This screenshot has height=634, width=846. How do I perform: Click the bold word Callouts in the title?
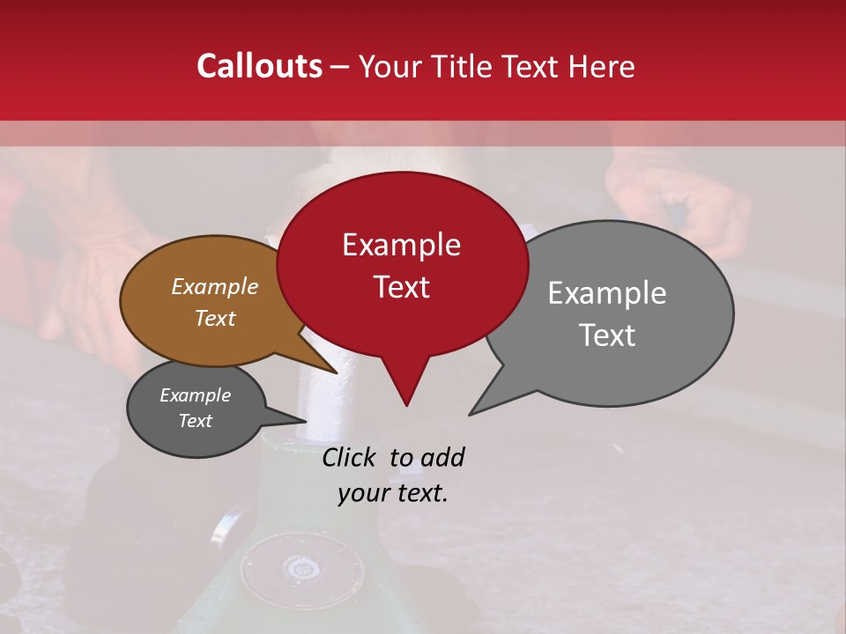click(259, 66)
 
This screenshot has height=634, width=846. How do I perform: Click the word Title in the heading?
click(463, 66)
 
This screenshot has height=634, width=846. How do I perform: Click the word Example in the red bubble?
click(401, 245)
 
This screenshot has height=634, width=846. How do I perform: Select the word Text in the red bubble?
click(401, 287)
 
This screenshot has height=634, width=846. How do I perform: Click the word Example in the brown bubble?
click(214, 287)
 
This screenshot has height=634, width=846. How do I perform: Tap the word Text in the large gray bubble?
click(608, 335)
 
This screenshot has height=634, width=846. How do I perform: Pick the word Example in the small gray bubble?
click(195, 395)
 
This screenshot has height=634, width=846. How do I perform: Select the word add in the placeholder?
click(442, 457)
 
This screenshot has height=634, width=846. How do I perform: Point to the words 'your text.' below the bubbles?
click(392, 493)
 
